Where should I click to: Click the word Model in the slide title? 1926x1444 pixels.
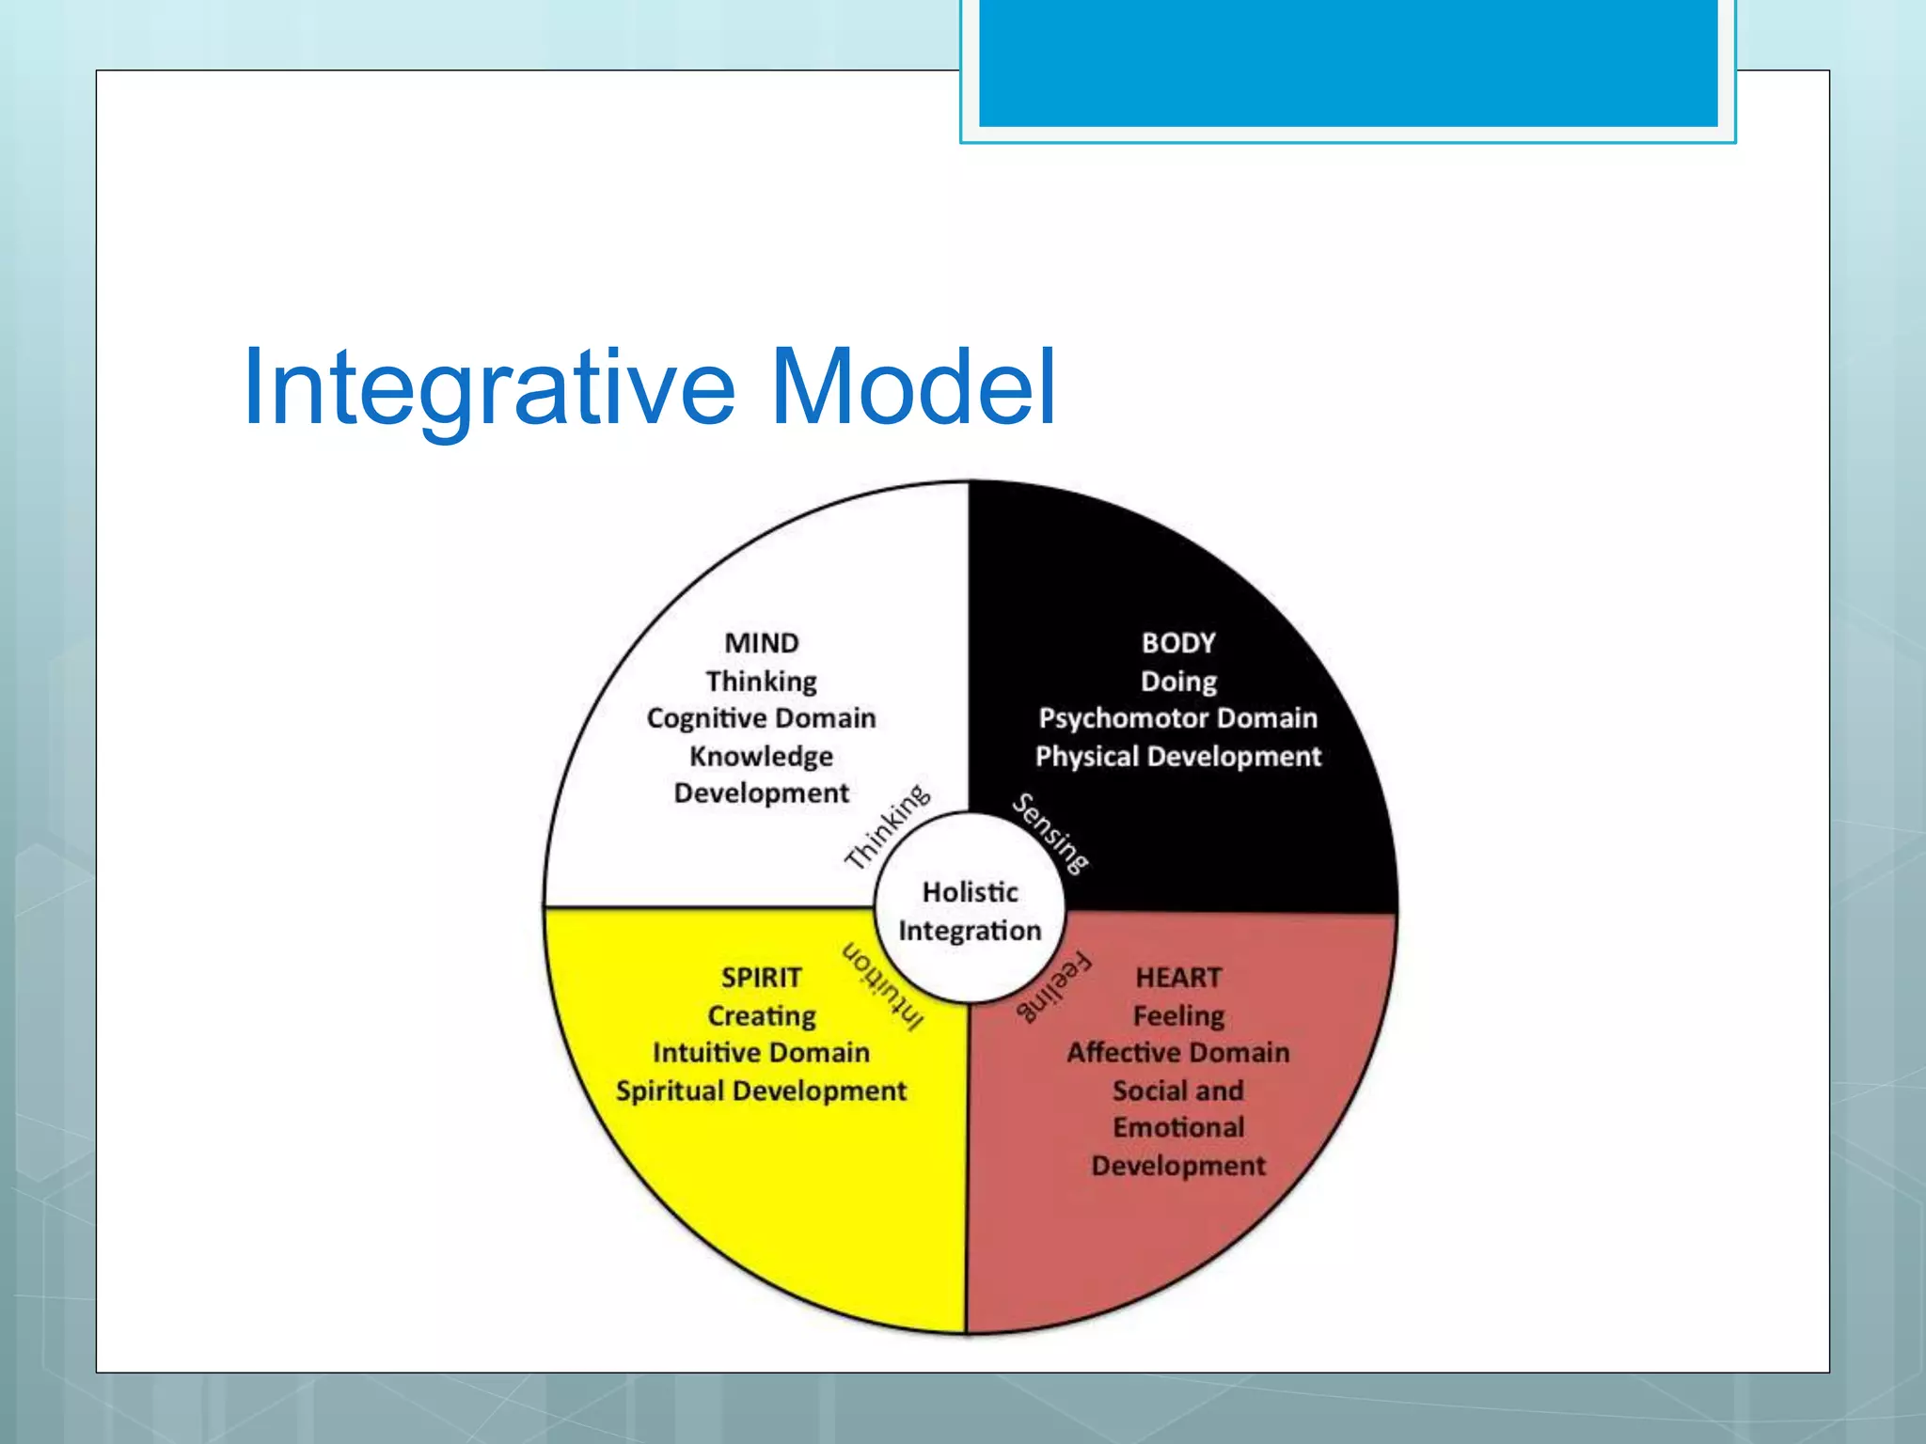pos(913,386)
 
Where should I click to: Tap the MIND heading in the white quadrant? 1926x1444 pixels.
pos(761,643)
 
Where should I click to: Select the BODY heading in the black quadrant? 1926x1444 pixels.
pos(1178,643)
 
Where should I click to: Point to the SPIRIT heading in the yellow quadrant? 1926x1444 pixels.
pos(761,978)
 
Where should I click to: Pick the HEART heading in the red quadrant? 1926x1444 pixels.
pos(1178,978)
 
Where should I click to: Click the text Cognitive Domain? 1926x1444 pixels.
pos(761,718)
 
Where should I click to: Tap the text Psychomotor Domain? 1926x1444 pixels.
pos(1178,718)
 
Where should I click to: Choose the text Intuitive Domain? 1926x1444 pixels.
pos(761,1053)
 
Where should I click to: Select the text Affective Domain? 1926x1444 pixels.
pos(1178,1053)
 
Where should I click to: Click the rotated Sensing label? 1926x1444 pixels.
pos(1050,834)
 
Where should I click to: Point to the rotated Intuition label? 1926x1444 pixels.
pos(883,986)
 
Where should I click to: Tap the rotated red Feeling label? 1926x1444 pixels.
pos(1054,986)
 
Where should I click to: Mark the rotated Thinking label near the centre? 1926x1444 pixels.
pos(887,827)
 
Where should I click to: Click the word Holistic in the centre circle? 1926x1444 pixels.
pos(970,892)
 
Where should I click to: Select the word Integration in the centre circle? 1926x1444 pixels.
pos(970,931)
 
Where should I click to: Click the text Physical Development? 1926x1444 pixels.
pos(1178,757)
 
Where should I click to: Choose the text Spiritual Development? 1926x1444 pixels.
pos(761,1091)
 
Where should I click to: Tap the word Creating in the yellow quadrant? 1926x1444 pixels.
pos(761,1016)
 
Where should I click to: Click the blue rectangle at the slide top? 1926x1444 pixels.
pos(1348,62)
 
